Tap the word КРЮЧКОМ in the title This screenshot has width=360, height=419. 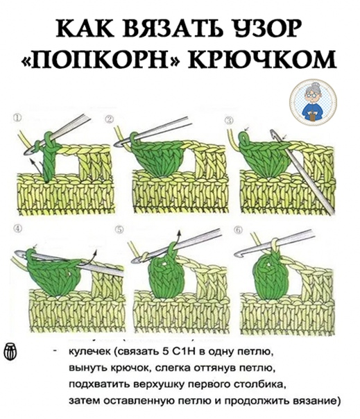tap(263, 59)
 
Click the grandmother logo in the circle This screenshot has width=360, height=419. tap(314, 102)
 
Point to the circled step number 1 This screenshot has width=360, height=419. tap(17, 118)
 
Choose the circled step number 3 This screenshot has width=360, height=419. tap(229, 121)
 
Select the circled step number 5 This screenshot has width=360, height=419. tap(120, 230)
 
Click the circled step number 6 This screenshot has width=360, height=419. tap(238, 230)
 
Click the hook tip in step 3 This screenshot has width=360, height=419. tap(273, 132)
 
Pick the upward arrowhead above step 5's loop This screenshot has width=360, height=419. tap(179, 233)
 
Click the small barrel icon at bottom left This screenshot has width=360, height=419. tap(10, 352)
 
